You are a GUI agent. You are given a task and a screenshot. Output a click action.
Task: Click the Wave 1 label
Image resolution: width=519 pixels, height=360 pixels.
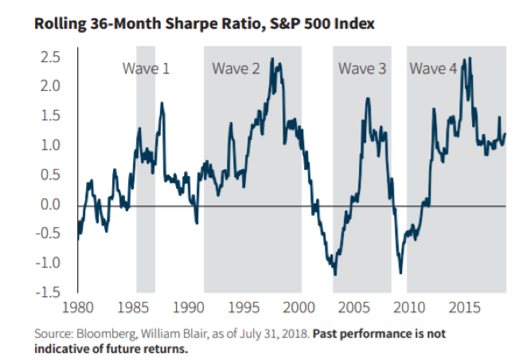(145, 68)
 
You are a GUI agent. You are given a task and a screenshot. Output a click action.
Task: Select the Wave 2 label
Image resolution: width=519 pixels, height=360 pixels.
(236, 68)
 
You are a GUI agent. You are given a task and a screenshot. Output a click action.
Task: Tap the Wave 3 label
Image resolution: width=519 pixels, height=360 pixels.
(362, 68)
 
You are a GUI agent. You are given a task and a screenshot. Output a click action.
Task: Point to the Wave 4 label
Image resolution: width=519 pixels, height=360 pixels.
(433, 68)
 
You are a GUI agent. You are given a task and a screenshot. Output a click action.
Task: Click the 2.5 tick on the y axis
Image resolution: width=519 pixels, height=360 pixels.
(52, 57)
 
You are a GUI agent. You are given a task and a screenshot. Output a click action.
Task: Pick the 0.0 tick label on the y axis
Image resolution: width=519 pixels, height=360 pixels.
(52, 205)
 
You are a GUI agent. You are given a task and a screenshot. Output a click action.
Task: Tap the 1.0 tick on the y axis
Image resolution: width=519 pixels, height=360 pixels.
(52, 146)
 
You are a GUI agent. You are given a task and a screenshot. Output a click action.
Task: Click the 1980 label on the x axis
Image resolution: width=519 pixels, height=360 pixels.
(78, 307)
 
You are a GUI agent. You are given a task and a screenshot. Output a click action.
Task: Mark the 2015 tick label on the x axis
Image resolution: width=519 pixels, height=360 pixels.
(463, 307)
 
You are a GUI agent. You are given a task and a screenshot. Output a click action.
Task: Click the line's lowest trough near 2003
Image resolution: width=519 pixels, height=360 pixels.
(334, 274)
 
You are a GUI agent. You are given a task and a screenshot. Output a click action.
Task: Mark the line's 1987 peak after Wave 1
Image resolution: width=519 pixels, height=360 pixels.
(162, 103)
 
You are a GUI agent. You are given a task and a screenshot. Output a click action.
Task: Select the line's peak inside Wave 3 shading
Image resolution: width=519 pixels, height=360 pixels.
(367, 99)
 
